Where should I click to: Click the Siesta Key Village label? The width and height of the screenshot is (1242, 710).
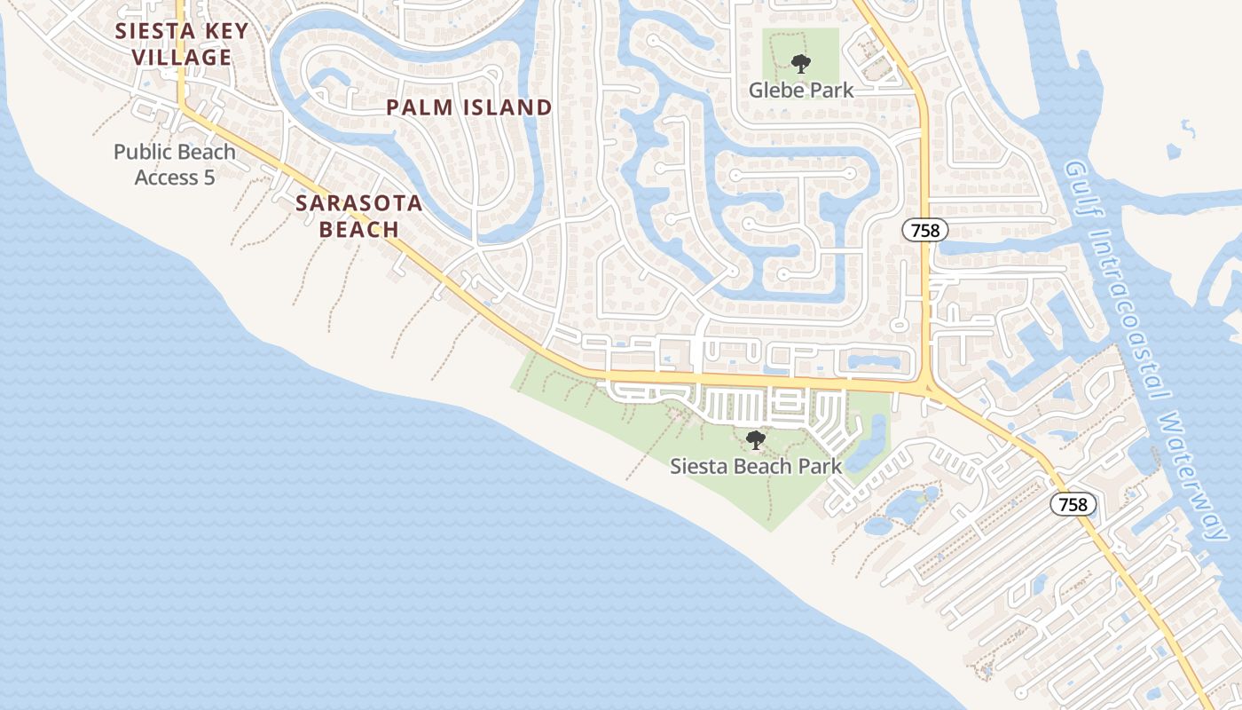(181, 44)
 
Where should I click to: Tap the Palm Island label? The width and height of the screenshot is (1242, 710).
(469, 108)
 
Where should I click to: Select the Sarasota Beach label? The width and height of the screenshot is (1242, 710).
(358, 216)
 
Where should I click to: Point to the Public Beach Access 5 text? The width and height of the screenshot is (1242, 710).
(175, 164)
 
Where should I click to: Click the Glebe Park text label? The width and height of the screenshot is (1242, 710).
(801, 90)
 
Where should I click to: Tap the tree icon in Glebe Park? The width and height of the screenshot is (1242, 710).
(801, 64)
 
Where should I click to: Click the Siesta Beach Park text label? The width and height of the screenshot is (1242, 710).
(755, 466)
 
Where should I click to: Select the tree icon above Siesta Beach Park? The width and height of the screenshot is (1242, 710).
(755, 439)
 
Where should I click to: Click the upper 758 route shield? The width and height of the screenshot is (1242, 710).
(925, 231)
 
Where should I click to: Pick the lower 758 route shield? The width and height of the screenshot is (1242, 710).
(1073, 504)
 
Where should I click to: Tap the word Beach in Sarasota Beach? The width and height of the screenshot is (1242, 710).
(358, 230)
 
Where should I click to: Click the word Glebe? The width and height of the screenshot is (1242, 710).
(776, 90)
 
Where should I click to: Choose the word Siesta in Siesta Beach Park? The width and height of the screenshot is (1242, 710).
(696, 466)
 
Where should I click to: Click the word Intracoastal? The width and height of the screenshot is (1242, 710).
(1131, 311)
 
